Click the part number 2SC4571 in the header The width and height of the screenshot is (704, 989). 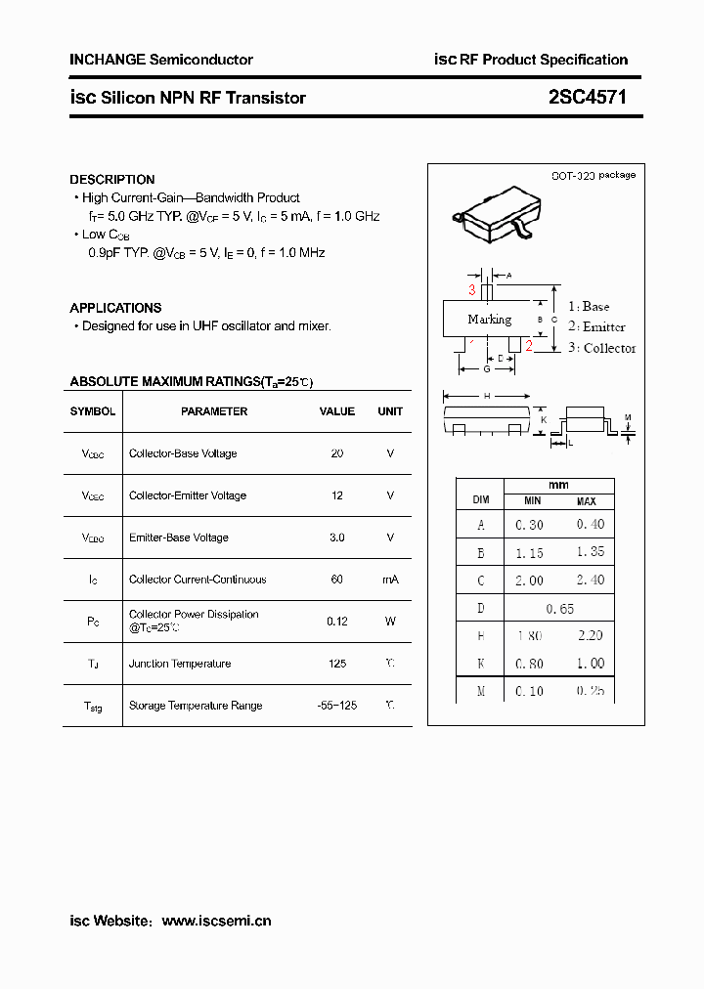click(588, 98)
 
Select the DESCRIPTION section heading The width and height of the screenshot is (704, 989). click(112, 180)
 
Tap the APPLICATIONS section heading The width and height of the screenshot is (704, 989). click(115, 308)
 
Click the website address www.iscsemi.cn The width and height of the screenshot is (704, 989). click(216, 921)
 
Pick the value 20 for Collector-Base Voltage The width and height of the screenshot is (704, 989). click(337, 453)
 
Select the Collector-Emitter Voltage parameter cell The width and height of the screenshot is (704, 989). click(188, 495)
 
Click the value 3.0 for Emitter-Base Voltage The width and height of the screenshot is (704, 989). click(337, 537)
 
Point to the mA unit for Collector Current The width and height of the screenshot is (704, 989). click(390, 580)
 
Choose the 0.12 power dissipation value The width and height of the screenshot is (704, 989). click(337, 621)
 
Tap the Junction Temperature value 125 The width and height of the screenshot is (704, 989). click(337, 664)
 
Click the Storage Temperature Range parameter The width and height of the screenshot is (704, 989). click(196, 706)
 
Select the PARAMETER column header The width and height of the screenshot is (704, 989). click(214, 411)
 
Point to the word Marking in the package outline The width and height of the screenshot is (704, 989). click(489, 320)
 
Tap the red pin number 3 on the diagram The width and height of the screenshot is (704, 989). click(472, 290)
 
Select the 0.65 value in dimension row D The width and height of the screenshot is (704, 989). click(559, 608)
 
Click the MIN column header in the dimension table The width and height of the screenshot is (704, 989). click(529, 501)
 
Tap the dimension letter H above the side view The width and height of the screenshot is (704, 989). click(487, 396)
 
